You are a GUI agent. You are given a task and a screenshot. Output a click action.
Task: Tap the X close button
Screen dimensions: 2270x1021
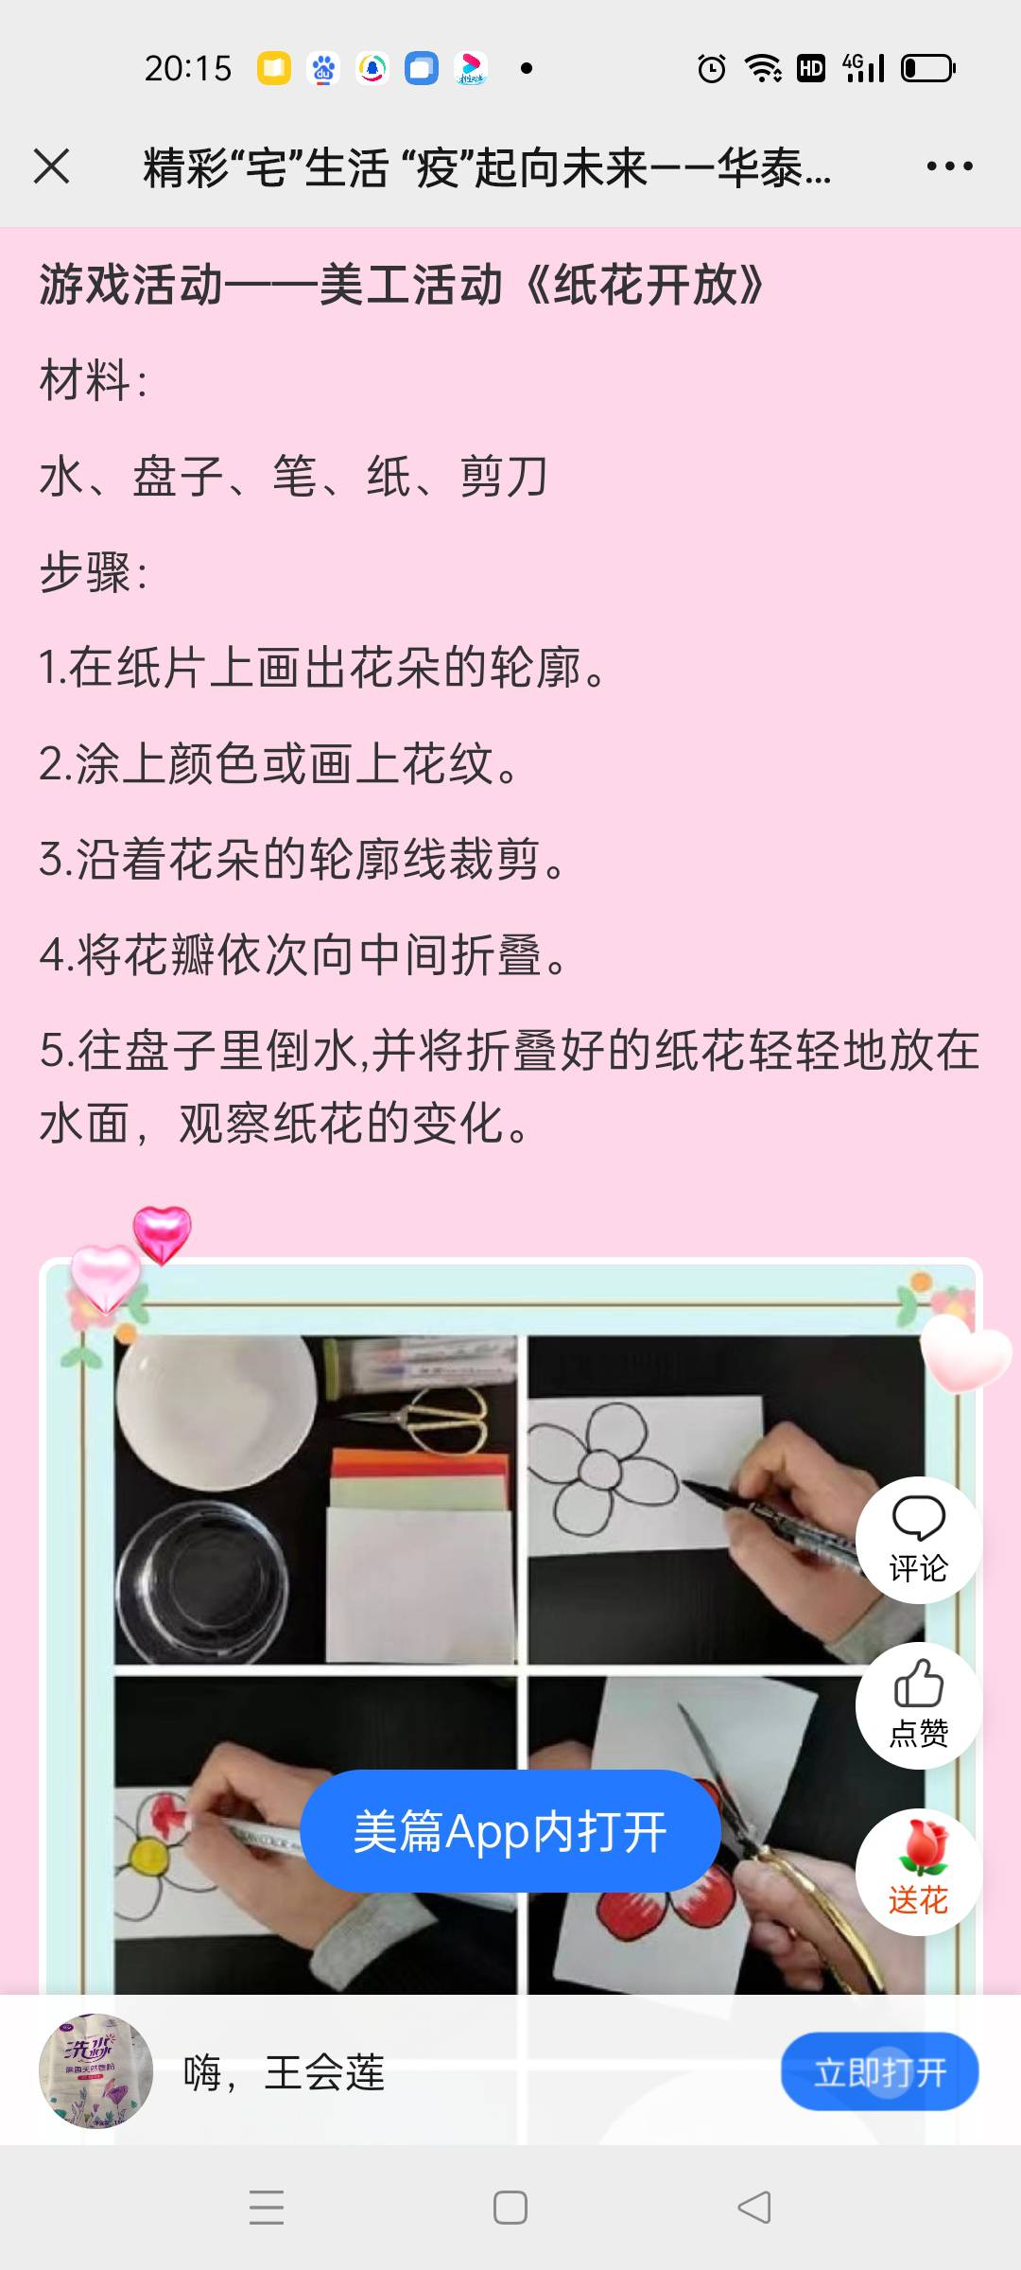point(52,166)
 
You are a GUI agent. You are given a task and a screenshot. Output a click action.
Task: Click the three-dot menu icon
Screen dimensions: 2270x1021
point(949,166)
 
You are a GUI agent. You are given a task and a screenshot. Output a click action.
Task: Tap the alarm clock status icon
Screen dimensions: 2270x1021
point(711,68)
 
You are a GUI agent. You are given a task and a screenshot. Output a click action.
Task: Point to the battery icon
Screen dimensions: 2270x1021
point(928,68)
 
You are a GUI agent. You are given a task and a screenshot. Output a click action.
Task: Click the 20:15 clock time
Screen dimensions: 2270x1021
point(187,68)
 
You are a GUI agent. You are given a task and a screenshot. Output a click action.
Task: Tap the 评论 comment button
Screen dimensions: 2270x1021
point(918,1540)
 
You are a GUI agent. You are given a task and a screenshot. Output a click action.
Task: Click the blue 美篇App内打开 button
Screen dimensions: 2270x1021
point(510,1831)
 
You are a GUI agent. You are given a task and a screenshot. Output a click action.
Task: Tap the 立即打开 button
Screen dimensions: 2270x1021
point(879,2072)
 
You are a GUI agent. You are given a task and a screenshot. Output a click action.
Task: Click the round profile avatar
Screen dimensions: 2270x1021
point(95,2071)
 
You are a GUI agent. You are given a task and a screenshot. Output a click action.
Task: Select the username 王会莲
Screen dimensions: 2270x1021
point(324,2073)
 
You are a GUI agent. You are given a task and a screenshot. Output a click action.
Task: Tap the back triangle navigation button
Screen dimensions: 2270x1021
point(753,2208)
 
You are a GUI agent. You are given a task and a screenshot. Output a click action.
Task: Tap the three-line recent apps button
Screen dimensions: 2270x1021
point(267,2208)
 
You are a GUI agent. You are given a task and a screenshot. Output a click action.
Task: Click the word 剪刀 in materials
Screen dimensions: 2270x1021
point(504,477)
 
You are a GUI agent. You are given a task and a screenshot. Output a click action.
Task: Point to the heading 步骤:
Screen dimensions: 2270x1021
point(94,572)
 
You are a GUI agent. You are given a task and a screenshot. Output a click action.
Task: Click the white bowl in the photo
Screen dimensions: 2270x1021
point(216,1409)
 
